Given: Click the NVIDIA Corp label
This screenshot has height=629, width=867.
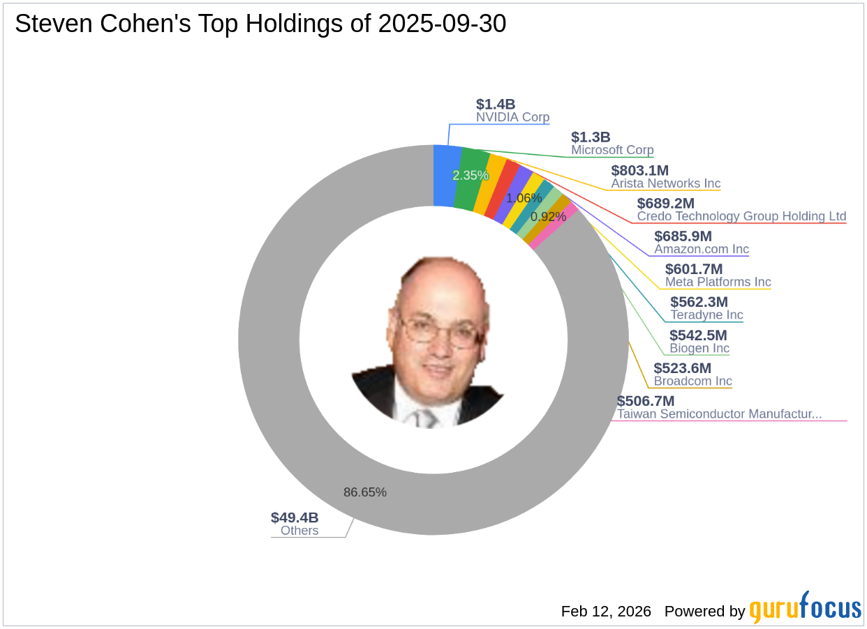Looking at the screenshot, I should [x=512, y=117].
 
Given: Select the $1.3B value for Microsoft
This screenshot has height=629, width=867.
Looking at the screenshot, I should [x=591, y=137].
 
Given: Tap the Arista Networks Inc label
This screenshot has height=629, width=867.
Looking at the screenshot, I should [x=665, y=183].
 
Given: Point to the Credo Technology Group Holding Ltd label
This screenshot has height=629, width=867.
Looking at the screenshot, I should [x=741, y=216].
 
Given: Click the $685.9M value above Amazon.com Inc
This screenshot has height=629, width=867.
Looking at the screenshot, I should [x=683, y=236].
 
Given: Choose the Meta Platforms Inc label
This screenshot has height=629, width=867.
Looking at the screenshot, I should [x=718, y=282].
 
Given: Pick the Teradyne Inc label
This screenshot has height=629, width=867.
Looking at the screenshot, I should [x=706, y=315].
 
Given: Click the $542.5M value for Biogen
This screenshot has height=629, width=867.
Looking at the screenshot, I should [x=698, y=335].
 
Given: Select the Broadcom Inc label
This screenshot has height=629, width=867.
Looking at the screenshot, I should [x=692, y=381].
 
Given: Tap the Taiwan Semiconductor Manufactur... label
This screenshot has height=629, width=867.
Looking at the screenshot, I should [x=719, y=414].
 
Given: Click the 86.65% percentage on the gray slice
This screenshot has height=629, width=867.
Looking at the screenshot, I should [x=364, y=492].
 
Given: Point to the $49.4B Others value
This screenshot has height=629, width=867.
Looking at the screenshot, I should [x=295, y=517].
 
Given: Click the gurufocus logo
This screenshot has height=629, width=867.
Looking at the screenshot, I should [x=805, y=609].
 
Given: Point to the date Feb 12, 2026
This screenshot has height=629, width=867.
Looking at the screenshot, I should [x=606, y=612].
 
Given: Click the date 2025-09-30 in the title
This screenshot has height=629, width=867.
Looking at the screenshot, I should [x=442, y=24].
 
